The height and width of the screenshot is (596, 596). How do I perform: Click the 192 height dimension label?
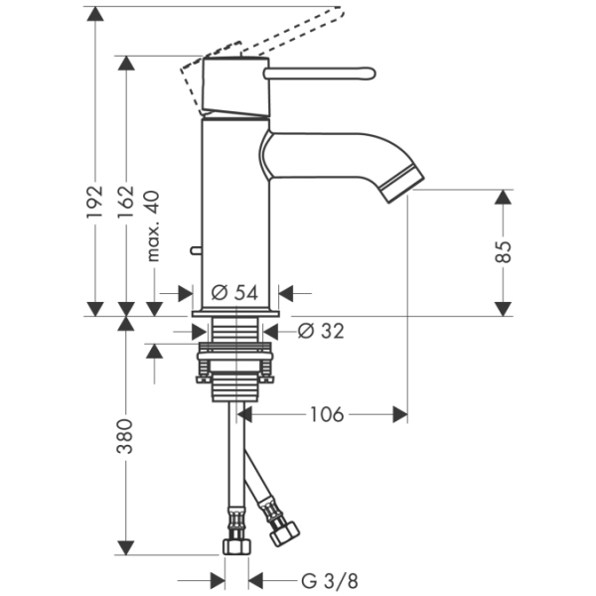click(94, 202)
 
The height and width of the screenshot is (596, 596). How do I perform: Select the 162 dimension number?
click(126, 202)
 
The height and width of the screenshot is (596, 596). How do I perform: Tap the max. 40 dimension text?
click(153, 226)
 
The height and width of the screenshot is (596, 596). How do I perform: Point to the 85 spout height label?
click(504, 252)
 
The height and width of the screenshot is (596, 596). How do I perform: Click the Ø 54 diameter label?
click(234, 293)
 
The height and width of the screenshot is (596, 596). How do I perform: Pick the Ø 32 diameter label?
click(321, 331)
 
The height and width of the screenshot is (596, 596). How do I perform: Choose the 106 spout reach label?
click(327, 414)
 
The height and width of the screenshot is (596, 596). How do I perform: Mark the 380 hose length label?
click(125, 436)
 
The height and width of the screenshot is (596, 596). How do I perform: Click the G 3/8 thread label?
click(330, 581)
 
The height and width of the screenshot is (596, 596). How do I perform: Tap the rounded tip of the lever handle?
click(371, 74)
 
